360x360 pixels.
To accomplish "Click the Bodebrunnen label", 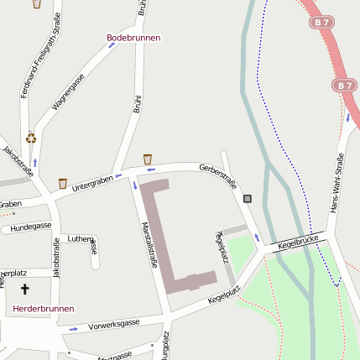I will coord(133,38).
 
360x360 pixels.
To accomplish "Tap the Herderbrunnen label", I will coord(44,309).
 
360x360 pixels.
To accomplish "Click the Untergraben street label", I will coord(91,180).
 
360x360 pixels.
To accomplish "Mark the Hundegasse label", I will coord(32,226).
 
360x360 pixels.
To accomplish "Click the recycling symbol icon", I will coord(31,138).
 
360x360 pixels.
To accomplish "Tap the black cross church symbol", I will coord(24,290).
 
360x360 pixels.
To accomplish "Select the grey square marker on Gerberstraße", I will coord(247,199).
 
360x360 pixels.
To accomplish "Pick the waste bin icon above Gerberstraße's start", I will coord(148,159).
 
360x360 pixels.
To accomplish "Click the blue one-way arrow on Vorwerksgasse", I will coord(74,328).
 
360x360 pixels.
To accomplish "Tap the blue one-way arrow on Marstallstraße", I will coord(133,185).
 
